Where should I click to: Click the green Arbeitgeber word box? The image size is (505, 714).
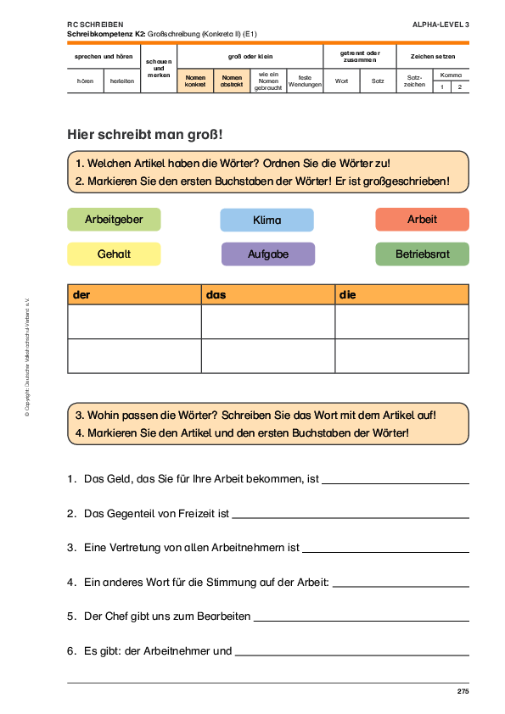[x=114, y=220]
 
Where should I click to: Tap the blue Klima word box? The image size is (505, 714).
[x=267, y=220]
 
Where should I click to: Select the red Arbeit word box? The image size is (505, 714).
[x=422, y=220]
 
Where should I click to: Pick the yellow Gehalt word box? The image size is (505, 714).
[x=114, y=254]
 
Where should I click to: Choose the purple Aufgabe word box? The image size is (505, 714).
[x=268, y=254]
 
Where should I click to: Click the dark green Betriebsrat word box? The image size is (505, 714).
[x=422, y=254]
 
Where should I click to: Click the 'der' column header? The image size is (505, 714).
[x=134, y=294]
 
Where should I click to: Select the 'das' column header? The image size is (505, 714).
[x=268, y=294]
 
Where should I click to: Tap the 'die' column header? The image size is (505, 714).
[x=401, y=294]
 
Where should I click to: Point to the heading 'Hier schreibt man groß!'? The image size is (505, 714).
[x=145, y=135]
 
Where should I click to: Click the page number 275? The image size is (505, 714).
[x=463, y=691]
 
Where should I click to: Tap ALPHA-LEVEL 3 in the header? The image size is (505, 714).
[x=440, y=25]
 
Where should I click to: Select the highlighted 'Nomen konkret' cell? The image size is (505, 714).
[x=195, y=81]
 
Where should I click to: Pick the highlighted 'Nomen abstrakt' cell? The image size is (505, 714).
[x=232, y=81]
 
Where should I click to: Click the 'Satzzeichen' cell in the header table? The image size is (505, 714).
[x=414, y=81]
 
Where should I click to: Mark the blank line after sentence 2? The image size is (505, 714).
[x=351, y=518]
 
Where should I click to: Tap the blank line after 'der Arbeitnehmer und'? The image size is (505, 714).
[x=352, y=655]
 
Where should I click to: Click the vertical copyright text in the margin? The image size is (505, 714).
[x=27, y=358]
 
